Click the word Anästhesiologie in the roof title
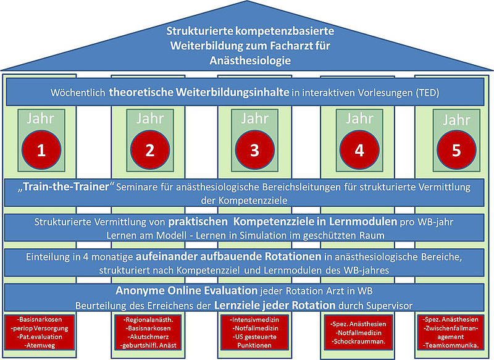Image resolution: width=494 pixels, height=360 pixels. coord(245,61)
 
